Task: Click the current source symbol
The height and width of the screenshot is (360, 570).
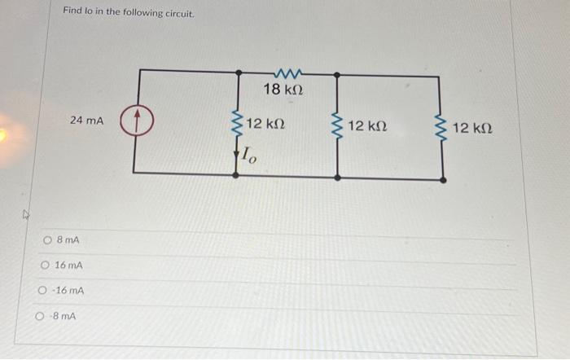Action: (138, 122)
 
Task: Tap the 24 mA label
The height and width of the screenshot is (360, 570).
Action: (86, 121)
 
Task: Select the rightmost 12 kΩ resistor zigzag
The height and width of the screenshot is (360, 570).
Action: (442, 129)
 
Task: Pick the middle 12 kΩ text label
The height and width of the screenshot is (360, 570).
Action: (366, 128)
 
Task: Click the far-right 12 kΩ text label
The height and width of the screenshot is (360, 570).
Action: (472, 129)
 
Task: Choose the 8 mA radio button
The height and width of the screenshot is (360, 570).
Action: (48, 240)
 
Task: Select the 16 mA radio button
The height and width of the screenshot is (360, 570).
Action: (44, 266)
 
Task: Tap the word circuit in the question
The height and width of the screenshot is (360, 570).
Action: (178, 13)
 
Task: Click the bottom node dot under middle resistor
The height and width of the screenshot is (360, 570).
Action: (338, 177)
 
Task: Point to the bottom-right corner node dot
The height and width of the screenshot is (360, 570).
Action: (443, 178)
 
